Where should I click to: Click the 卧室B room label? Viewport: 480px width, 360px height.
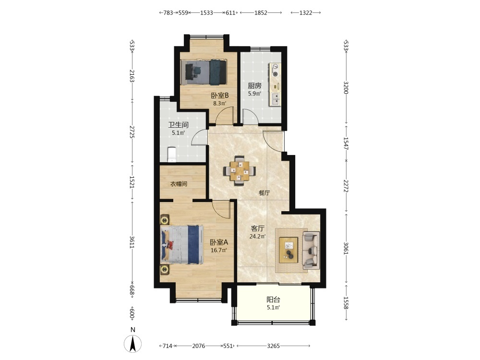coord(219,96)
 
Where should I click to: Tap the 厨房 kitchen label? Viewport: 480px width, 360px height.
coord(254,86)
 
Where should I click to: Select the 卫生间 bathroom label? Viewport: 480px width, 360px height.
coord(178,125)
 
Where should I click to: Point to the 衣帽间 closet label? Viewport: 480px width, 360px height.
coord(179,184)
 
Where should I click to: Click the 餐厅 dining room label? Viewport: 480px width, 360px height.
coord(264,193)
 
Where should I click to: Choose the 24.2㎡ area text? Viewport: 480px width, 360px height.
coord(257,236)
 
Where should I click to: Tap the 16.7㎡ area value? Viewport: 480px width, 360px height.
coord(218,250)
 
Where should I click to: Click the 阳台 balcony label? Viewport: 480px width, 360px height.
coord(273,300)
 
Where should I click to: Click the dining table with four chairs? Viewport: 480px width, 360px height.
coord(240,171)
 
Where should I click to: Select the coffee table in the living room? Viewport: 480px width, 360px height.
coord(288,250)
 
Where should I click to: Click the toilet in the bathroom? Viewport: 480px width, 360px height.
coord(171,155)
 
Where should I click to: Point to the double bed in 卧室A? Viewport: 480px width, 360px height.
coord(182,245)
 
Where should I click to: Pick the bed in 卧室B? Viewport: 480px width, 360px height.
coord(203,72)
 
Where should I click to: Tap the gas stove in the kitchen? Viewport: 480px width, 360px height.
coord(275,70)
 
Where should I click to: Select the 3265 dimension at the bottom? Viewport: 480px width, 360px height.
coord(274,346)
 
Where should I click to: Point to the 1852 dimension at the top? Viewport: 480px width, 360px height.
coord(261,12)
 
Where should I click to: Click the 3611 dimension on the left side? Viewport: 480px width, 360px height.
coord(132,242)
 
